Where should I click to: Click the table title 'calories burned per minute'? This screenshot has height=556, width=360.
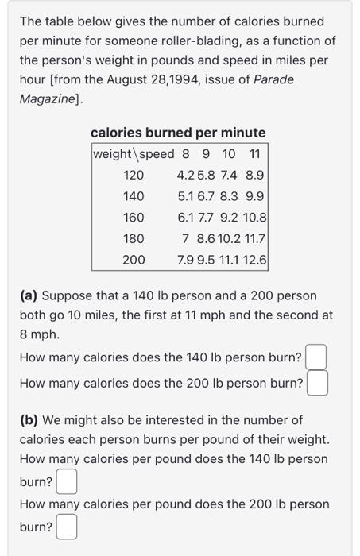click(178, 133)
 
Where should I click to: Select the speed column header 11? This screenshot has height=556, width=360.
click(255, 153)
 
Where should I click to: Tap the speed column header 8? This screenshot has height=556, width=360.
click(185, 153)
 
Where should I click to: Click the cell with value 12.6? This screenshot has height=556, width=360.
click(255, 259)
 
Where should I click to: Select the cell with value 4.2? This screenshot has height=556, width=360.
click(185, 175)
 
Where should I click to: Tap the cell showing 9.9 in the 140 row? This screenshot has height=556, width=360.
click(255, 195)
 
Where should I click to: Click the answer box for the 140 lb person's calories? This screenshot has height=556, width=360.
click(315, 357)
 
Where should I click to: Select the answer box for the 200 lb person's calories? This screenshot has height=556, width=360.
click(317, 384)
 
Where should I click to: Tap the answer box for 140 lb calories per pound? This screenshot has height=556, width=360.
click(67, 481)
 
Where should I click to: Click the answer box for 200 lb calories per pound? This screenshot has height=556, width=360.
click(67, 527)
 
